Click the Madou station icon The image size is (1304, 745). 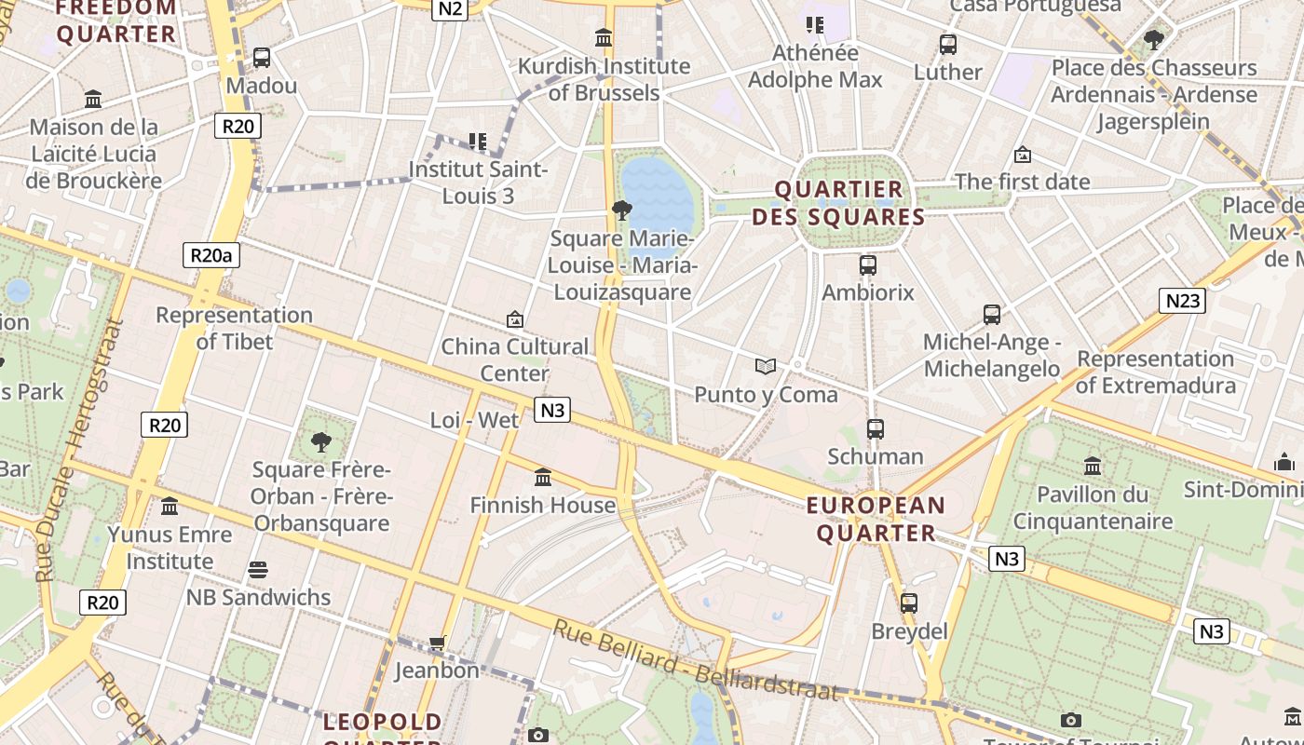click(262, 58)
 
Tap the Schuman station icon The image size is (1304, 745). click(876, 429)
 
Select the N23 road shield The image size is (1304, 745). click(1182, 301)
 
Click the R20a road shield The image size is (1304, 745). click(211, 255)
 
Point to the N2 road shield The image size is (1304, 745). click(449, 8)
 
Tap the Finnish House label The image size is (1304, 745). click(542, 506)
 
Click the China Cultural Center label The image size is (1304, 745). click(514, 359)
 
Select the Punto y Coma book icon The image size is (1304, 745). click(766, 367)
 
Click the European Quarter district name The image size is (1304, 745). click(876, 520)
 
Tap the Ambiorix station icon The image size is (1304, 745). click(868, 265)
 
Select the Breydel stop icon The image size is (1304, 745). click(909, 603)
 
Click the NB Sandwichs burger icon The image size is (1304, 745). click(258, 570)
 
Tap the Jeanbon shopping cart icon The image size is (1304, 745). click(437, 643)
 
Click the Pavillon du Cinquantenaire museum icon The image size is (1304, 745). click(1093, 466)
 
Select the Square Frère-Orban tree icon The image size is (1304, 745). click(321, 441)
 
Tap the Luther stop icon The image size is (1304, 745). click(948, 44)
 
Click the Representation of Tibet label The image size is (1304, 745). click(234, 328)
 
